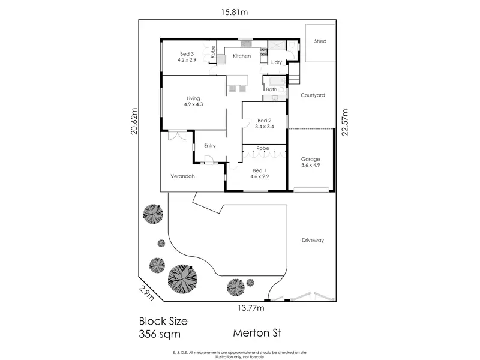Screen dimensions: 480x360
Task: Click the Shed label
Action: tap(320, 41)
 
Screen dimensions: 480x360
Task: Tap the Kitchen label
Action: tap(242, 56)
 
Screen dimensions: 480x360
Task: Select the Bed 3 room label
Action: tap(187, 54)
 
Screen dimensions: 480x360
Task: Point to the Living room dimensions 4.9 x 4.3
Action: tap(193, 104)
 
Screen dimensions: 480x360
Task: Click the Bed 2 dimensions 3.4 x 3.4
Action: tap(265, 127)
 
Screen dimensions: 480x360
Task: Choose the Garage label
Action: tap(310, 159)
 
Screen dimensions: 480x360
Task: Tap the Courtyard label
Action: tap(313, 95)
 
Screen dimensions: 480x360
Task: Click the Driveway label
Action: tap(313, 241)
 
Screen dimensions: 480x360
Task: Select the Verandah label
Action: tap(182, 176)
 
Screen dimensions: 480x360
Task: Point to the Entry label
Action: tap(209, 146)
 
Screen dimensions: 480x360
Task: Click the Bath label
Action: tap(271, 89)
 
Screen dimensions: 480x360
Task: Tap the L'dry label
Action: tap(277, 62)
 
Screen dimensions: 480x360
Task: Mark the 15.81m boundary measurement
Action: tap(235, 12)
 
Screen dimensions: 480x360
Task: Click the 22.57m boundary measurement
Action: tap(345, 122)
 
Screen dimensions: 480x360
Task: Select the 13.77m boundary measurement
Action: tap(251, 308)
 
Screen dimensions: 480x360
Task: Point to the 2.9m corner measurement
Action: tap(146, 293)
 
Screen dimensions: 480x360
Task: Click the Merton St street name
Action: tap(257, 333)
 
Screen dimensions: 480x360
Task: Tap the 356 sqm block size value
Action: tap(160, 334)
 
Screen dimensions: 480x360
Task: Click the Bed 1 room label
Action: tap(260, 170)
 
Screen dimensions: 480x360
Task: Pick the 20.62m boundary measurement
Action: tap(134, 121)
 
